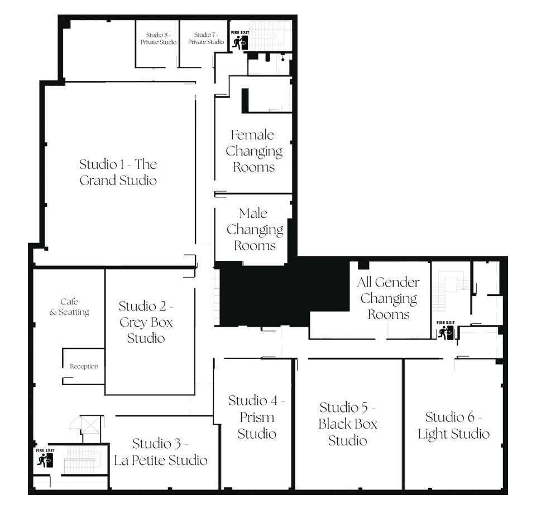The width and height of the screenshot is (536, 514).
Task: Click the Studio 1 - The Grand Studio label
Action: tap(118, 172)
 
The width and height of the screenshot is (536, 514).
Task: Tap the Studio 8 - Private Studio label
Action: tap(159, 38)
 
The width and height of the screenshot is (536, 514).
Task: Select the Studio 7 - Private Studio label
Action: tap(206, 38)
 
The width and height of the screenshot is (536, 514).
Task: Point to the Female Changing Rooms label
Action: tap(254, 151)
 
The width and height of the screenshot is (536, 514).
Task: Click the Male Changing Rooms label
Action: tap(255, 229)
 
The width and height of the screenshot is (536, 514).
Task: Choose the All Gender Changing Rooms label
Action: tap(389, 298)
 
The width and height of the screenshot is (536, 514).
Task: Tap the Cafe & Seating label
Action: tap(69, 307)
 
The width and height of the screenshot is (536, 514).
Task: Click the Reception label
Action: tap(84, 366)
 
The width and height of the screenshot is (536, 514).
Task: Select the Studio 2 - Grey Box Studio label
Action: tap(146, 322)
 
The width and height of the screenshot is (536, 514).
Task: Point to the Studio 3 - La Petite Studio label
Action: tap(161, 452)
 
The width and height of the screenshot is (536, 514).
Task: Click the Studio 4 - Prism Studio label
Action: tap(257, 417)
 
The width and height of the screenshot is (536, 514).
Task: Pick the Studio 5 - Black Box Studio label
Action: tap(348, 424)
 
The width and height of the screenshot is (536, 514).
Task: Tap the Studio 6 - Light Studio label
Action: tap(453, 425)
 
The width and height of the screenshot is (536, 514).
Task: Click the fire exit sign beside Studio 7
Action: tap(240, 40)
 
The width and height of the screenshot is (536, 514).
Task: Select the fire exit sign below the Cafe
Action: tap(45, 458)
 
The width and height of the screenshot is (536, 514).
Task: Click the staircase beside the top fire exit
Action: tap(270, 36)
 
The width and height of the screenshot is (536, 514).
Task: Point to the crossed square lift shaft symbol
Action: tap(90, 425)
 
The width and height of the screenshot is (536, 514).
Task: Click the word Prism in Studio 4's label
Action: tap(257, 417)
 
